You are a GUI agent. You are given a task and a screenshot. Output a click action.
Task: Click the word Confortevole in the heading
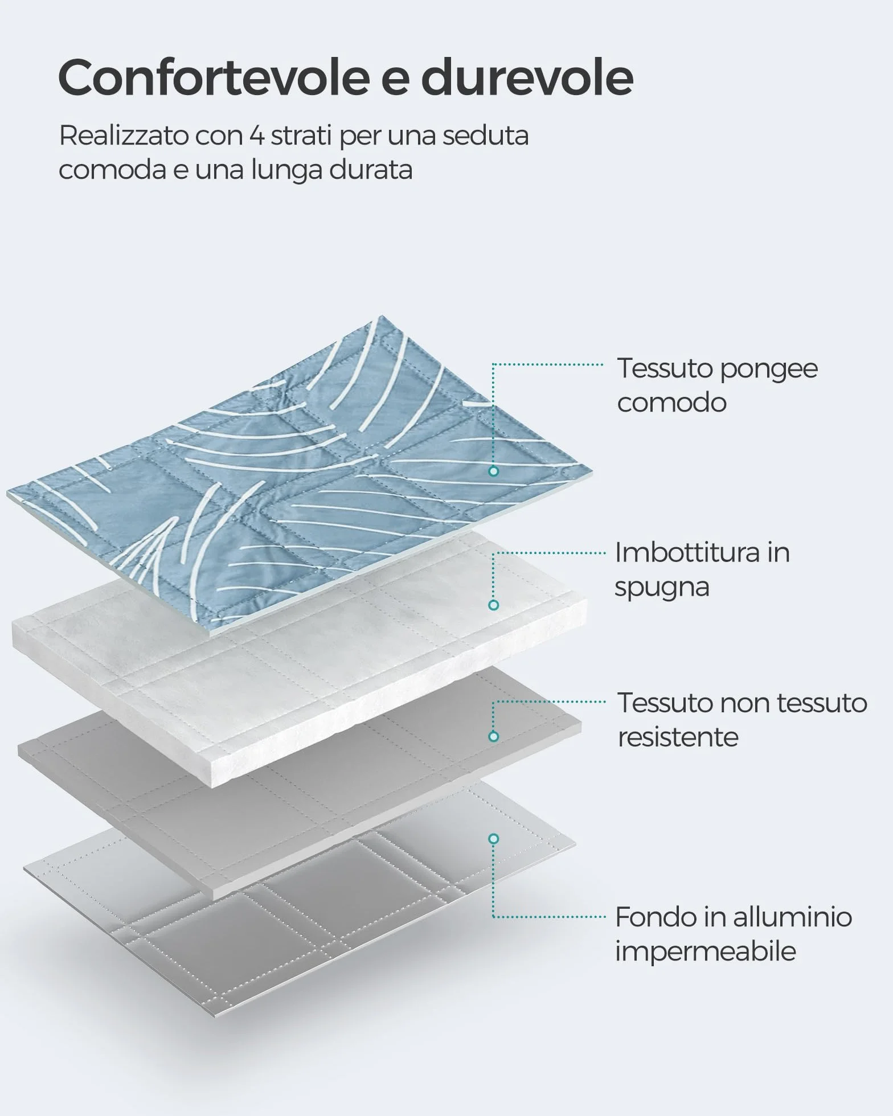tap(214, 77)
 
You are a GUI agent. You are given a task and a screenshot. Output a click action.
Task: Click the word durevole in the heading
tap(527, 77)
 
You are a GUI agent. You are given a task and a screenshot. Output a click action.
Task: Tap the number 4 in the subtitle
tap(256, 136)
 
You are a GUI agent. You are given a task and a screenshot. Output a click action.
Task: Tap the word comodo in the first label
tap(672, 403)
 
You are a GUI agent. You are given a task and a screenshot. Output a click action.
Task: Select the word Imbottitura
tap(687, 552)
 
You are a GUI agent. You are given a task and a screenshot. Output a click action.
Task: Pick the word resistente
tap(678, 737)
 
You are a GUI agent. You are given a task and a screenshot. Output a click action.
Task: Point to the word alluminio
tap(792, 917)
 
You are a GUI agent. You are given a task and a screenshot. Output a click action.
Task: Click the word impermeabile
tap(706, 951)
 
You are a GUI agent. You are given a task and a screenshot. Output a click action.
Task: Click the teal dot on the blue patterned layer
tap(494, 471)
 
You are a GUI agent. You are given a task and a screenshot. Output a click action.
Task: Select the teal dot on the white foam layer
tap(494, 605)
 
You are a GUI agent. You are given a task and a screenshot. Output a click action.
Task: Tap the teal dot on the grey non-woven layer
tap(494, 736)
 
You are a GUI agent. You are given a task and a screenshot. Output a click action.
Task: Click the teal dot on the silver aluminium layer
tap(494, 839)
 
